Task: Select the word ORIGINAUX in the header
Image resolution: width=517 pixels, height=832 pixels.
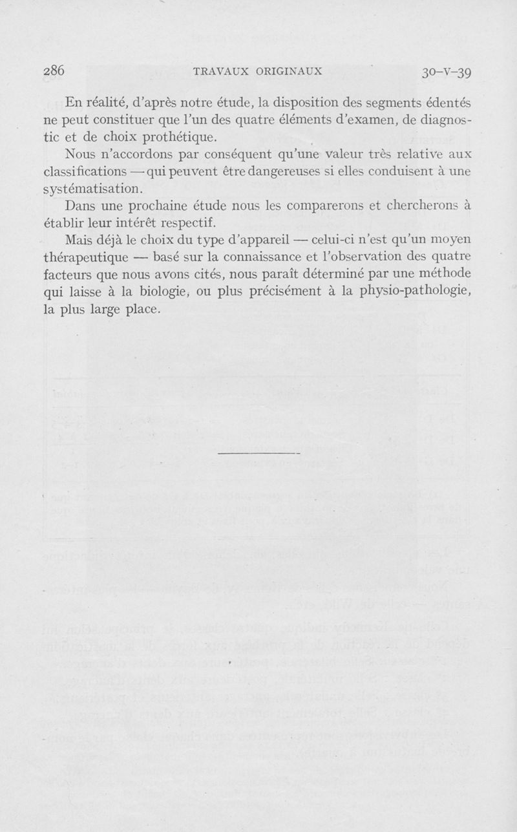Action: tap(285, 71)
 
